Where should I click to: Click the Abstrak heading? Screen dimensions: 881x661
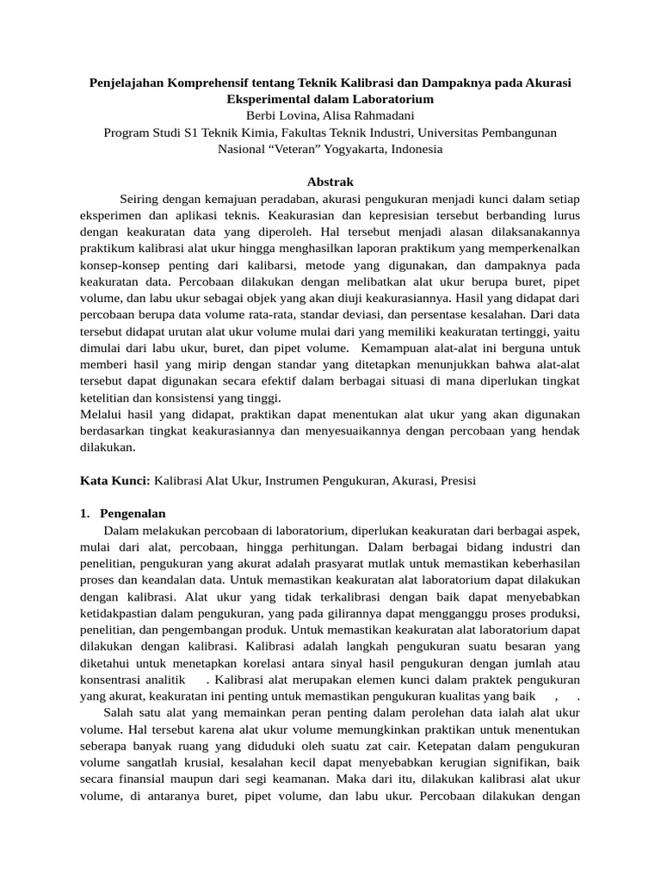pyautogui.click(x=330, y=182)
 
